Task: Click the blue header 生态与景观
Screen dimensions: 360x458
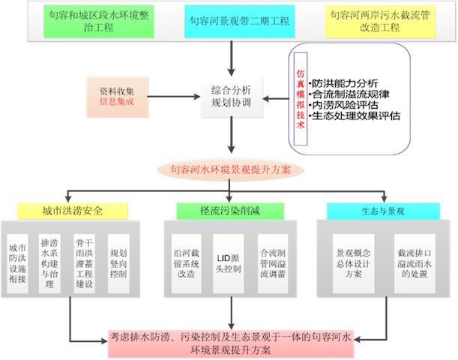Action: (375, 210)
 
